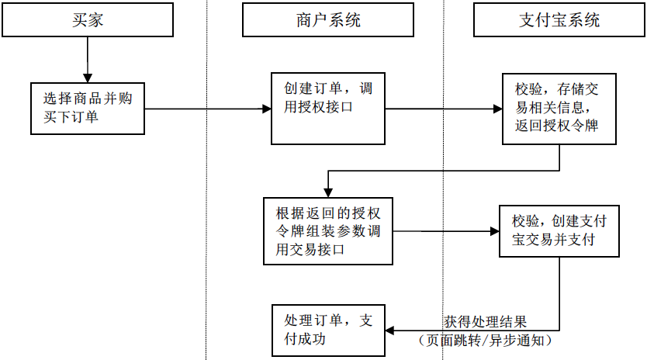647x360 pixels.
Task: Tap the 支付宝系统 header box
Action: pyautogui.click(x=559, y=20)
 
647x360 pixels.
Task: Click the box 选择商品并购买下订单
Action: pyautogui.click(x=88, y=108)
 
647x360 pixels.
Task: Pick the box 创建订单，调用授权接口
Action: pyautogui.click(x=327, y=108)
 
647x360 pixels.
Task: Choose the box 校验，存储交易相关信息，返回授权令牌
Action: pyautogui.click(x=558, y=108)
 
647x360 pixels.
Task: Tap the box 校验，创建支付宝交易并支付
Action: pyautogui.click(x=559, y=230)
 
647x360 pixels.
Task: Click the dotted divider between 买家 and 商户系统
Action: pyautogui.click(x=206, y=233)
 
